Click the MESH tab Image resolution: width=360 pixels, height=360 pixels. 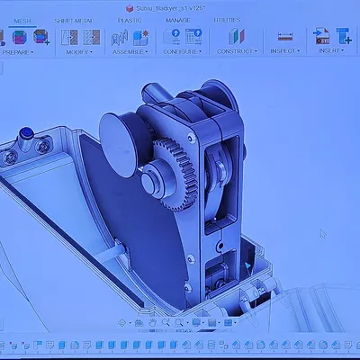(x=22, y=19)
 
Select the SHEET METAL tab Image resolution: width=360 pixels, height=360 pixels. (x=75, y=19)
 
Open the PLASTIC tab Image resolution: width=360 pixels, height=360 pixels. (x=130, y=19)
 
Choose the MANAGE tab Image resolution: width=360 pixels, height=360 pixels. (x=177, y=19)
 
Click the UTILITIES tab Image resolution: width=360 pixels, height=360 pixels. (x=227, y=19)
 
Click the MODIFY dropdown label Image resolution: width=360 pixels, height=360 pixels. (x=78, y=52)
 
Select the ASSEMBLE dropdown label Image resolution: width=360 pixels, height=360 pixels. (x=130, y=52)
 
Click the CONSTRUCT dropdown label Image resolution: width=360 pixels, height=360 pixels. (x=237, y=51)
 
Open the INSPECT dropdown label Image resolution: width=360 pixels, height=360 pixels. (x=284, y=51)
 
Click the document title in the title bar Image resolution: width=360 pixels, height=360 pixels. (x=180, y=5)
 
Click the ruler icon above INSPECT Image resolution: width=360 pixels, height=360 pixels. (x=285, y=37)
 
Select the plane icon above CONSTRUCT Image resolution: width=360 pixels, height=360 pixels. (x=236, y=37)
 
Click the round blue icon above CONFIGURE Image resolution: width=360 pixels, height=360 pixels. (x=172, y=37)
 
